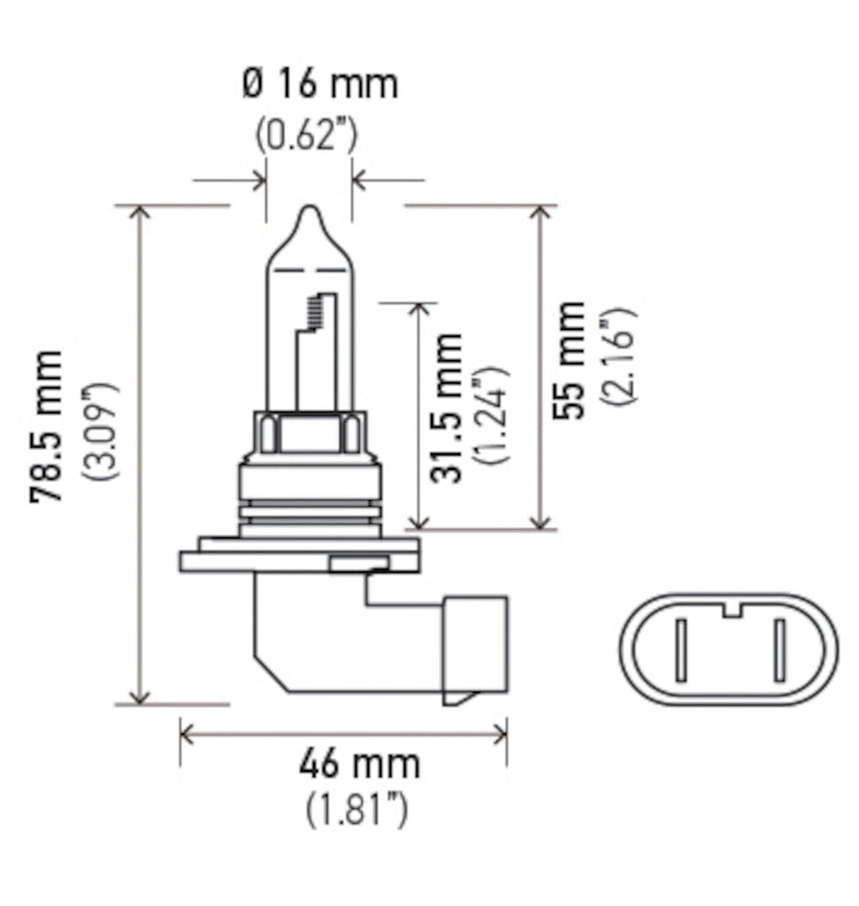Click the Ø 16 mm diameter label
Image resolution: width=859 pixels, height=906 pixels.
pyautogui.click(x=318, y=85)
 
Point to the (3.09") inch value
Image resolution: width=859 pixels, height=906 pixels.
pyautogui.click(x=100, y=431)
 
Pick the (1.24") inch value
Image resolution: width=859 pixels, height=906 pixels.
pyautogui.click(x=491, y=414)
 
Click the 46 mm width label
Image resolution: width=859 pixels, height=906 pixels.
pyautogui.click(x=358, y=763)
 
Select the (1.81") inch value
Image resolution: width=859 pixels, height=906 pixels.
pyautogui.click(x=357, y=809)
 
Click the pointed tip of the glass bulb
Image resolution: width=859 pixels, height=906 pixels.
pyautogui.click(x=309, y=213)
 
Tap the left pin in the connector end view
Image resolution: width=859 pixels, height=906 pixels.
pyautogui.click(x=680, y=650)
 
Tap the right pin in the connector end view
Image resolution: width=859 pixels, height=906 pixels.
pyautogui.click(x=779, y=650)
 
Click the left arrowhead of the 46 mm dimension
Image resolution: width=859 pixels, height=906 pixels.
pyautogui.click(x=186, y=732)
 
